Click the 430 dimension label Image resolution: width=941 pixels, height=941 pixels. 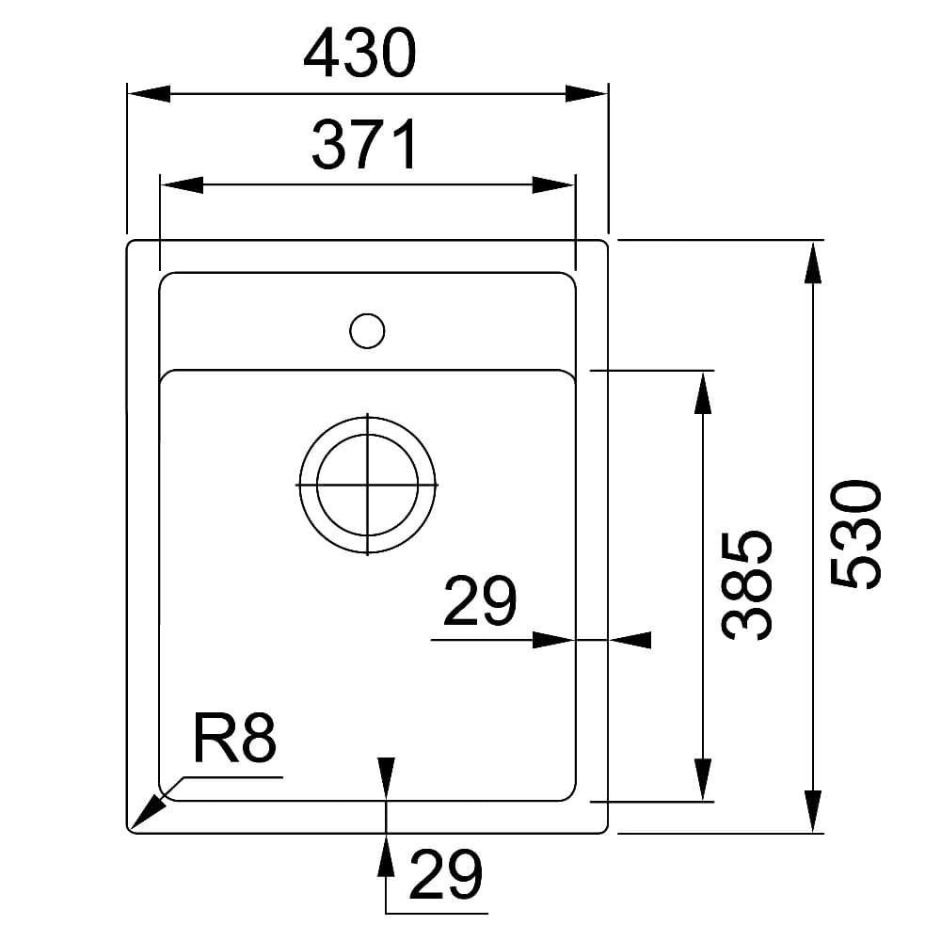(359, 54)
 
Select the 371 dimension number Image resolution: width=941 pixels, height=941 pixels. (364, 145)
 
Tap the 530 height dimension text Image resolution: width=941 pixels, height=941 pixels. (856, 534)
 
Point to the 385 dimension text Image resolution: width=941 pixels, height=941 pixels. (746, 585)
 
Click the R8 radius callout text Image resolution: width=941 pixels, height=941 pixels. (234, 739)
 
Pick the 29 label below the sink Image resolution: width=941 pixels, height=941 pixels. (446, 875)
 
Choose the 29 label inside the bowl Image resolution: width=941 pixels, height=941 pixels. (480, 600)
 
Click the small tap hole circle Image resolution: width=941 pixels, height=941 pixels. (367, 330)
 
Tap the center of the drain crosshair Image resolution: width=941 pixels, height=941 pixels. (367, 485)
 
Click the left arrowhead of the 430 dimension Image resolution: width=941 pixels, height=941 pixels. (149, 93)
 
